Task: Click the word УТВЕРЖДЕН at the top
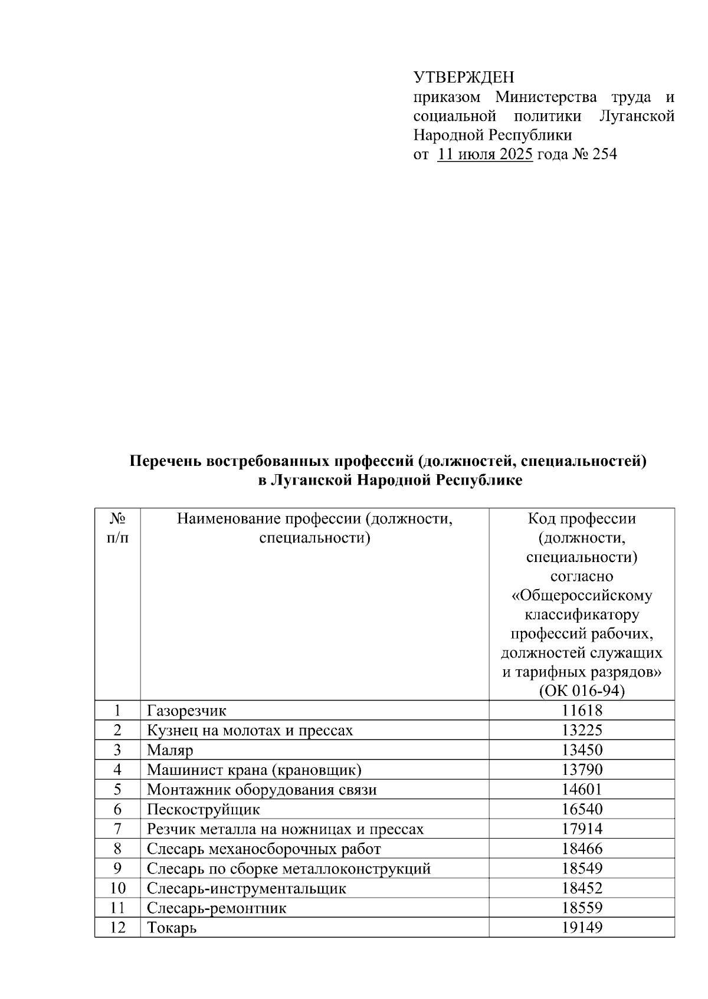click(x=463, y=77)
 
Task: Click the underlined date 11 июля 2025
click(x=485, y=155)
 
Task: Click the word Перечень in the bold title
click(x=166, y=461)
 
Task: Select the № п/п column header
click(x=117, y=528)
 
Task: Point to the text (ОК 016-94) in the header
click(x=581, y=691)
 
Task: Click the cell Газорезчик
click(x=186, y=711)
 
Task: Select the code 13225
click(x=581, y=731)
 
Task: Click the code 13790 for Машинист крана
click(x=581, y=770)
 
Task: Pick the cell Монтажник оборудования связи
click(x=261, y=790)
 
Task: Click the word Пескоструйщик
click(x=203, y=809)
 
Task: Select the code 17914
click(x=581, y=829)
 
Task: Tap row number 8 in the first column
click(x=117, y=849)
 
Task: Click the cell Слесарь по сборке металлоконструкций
click(x=289, y=869)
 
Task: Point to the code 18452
click(x=581, y=888)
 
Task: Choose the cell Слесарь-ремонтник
click(x=216, y=908)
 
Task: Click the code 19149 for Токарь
click(x=581, y=928)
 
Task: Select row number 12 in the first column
click(x=117, y=928)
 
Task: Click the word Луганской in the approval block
click(x=637, y=116)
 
